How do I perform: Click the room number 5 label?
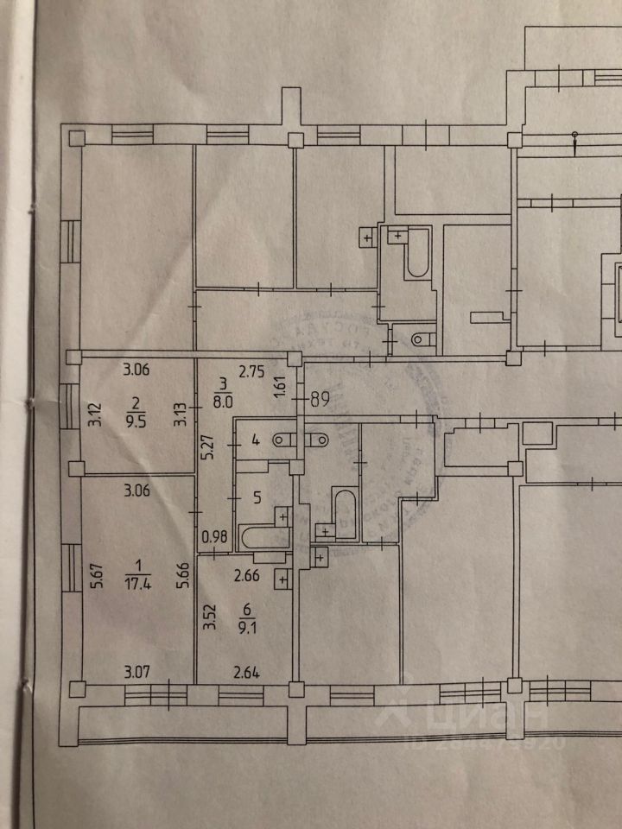click(255, 497)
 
